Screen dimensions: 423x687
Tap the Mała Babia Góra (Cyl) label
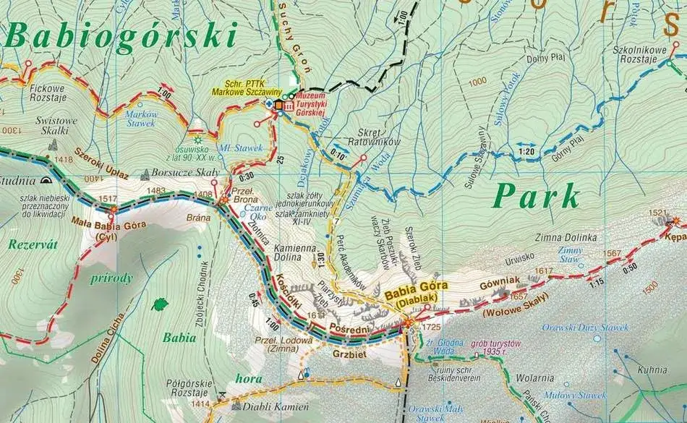[109, 228]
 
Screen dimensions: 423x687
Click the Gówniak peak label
[495, 284]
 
